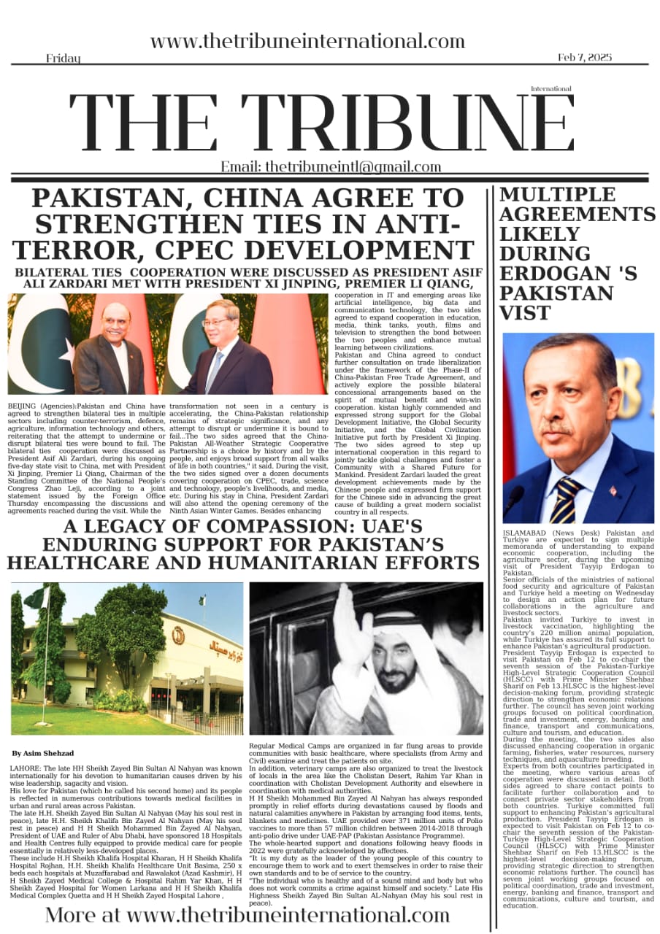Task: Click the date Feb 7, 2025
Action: point(584,57)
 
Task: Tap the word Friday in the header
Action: point(63,58)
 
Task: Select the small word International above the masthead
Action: point(551,89)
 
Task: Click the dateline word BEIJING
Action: point(21,404)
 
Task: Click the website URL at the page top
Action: point(307,42)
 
